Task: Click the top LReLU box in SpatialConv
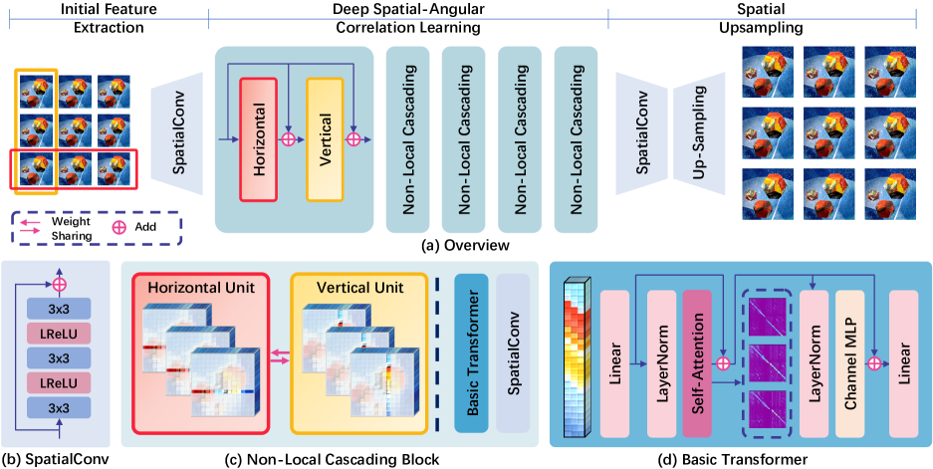tap(61, 329)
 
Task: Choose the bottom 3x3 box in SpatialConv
tap(61, 408)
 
